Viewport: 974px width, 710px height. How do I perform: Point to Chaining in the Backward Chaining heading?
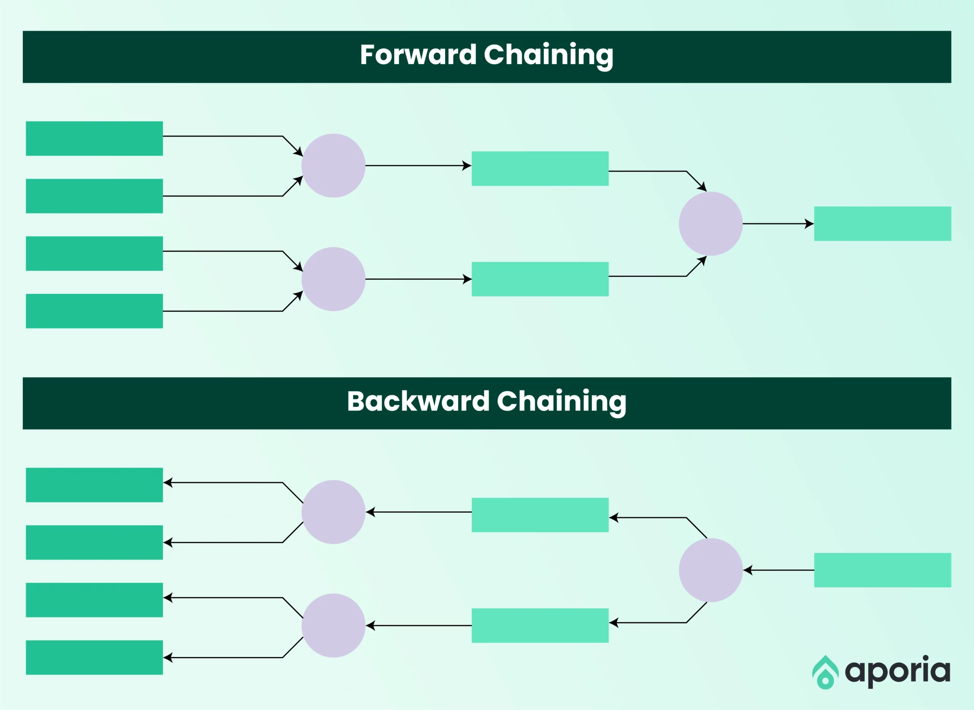point(561,403)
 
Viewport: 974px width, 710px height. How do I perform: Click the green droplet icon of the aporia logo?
point(825,672)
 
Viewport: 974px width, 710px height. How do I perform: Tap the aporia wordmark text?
point(898,671)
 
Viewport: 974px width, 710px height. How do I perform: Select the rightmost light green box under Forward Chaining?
point(883,223)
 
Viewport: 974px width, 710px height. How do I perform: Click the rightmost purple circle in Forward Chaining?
point(711,223)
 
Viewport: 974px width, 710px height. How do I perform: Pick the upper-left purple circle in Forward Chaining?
point(333,166)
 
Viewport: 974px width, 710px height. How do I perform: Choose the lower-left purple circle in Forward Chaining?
point(333,279)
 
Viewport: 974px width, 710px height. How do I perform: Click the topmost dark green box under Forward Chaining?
point(94,139)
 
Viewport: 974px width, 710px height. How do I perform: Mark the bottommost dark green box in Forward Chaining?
point(94,311)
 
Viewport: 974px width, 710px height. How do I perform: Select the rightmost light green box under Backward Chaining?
point(883,570)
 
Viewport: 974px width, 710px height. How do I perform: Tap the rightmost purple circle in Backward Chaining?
point(711,570)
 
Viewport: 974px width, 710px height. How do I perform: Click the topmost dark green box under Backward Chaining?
point(94,485)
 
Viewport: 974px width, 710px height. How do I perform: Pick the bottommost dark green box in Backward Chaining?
point(94,657)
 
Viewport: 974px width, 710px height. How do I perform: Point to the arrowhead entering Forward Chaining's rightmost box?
point(810,223)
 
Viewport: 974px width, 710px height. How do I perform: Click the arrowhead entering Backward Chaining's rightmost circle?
point(748,570)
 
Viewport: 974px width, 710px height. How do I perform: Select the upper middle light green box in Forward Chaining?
point(540,169)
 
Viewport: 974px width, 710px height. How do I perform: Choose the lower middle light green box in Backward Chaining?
point(540,625)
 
